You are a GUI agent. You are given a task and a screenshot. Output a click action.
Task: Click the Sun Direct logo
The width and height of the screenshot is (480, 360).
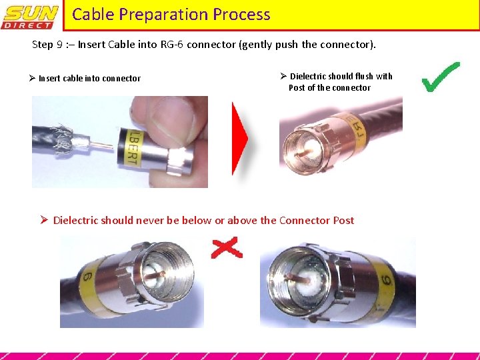pyautogui.click(x=31, y=16)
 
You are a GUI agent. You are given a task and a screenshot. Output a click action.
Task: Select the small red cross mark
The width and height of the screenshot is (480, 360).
pyautogui.click(x=226, y=249)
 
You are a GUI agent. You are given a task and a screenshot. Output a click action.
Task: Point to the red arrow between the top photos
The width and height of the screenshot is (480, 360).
pyautogui.click(x=239, y=139)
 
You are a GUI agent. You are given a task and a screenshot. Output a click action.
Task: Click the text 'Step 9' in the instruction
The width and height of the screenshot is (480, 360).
pyautogui.click(x=49, y=45)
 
